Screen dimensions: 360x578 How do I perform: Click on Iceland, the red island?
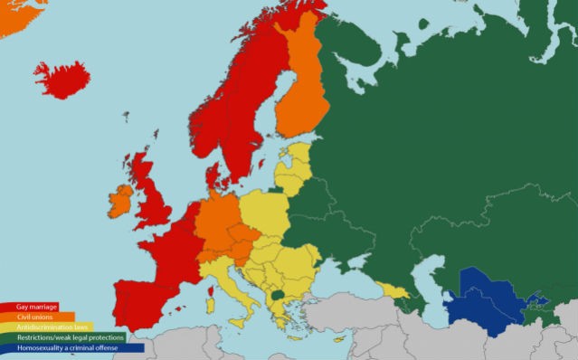click(62, 80)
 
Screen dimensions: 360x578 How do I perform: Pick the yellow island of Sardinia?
click(211, 305)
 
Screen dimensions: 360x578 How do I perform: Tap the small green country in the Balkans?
click(278, 294)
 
